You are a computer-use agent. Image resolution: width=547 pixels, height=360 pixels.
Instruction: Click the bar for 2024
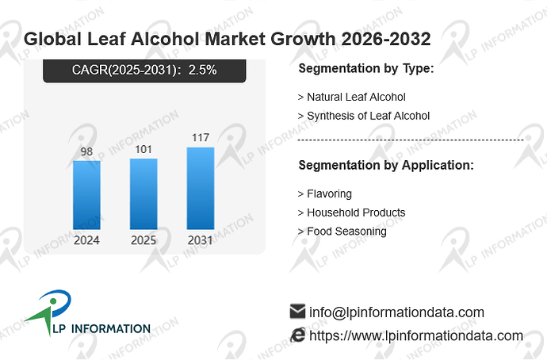(86, 195)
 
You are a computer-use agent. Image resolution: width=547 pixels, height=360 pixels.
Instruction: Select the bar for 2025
(143, 194)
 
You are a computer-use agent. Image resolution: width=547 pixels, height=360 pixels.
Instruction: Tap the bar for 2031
(201, 189)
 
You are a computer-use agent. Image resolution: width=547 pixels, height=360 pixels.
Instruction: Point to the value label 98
(86, 151)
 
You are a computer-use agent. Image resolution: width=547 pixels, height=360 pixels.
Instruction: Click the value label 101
(143, 149)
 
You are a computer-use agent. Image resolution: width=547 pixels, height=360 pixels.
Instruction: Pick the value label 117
(201, 137)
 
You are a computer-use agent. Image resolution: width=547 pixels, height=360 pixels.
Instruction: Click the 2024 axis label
(86, 240)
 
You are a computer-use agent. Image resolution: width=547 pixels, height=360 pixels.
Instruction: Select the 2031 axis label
(201, 240)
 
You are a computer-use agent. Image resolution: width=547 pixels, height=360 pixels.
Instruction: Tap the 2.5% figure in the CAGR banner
(202, 70)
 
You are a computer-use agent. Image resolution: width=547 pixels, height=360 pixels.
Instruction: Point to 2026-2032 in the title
(386, 39)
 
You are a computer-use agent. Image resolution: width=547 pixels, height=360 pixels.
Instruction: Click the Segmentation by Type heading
(366, 68)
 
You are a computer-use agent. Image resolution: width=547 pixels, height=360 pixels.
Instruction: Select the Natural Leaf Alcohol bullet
(352, 97)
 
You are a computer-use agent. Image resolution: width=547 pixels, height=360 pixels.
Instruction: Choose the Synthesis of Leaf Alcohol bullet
(364, 116)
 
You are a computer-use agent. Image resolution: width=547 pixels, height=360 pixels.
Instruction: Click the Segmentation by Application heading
(386, 165)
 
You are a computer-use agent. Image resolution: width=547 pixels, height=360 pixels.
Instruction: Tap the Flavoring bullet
(325, 194)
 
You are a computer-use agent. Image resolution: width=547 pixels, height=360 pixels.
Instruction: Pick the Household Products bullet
(351, 213)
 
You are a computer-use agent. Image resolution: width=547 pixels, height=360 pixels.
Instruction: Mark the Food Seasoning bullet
(342, 232)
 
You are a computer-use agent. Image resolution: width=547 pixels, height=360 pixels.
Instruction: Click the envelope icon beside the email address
(297, 312)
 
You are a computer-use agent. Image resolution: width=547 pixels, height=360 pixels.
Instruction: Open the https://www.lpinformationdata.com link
(416, 335)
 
